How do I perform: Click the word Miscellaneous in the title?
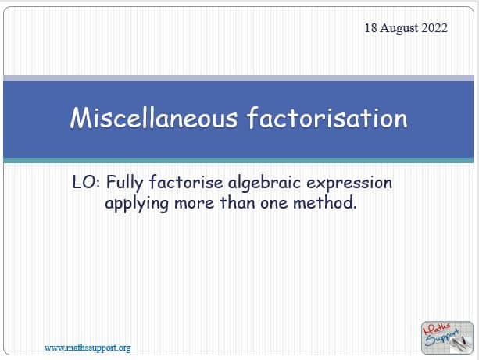click(x=154, y=118)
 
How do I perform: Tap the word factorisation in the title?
click(x=327, y=118)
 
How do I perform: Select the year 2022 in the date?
click(x=434, y=28)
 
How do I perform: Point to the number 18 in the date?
click(x=371, y=28)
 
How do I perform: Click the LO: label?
click(x=86, y=182)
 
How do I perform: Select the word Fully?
click(x=125, y=184)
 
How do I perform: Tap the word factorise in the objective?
click(x=186, y=182)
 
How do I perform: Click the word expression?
click(x=349, y=184)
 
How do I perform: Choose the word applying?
click(x=137, y=204)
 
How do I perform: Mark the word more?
click(x=195, y=204)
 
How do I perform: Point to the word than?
click(x=238, y=202)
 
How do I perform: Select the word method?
click(x=325, y=202)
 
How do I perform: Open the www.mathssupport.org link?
click(x=88, y=348)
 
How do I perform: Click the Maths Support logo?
click(x=447, y=337)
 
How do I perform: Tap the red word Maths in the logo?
click(x=437, y=330)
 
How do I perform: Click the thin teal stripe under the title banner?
click(x=238, y=160)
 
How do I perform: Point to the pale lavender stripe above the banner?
click(x=238, y=78)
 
